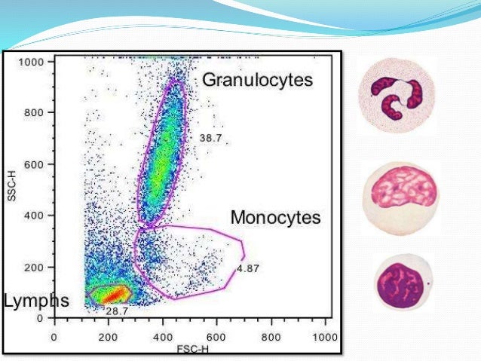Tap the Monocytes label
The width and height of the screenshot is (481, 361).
point(275,218)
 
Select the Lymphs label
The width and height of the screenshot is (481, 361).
point(36,301)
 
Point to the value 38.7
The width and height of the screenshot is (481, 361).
point(211,138)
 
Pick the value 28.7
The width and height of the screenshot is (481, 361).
point(116,311)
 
